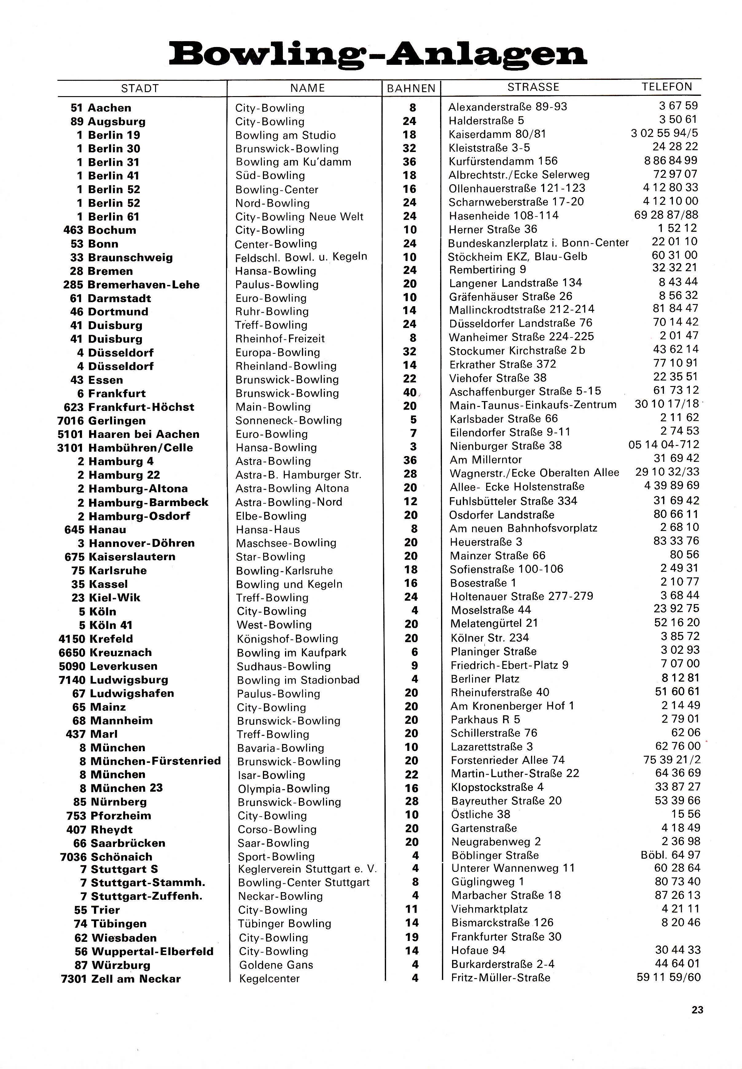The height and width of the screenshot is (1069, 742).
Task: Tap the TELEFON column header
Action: click(667, 87)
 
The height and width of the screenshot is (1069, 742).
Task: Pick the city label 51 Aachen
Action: click(101, 108)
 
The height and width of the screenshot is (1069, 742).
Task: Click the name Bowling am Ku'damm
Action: click(293, 162)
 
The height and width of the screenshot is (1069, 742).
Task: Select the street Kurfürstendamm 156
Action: click(503, 161)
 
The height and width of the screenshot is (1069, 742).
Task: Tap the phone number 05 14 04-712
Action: click(663, 445)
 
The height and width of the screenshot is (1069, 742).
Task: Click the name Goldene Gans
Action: click(276, 965)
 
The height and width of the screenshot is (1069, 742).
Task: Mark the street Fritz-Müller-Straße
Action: click(500, 978)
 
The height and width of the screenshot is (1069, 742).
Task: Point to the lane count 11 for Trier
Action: click(412, 909)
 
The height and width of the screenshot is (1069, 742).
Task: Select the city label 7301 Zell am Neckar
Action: click(121, 979)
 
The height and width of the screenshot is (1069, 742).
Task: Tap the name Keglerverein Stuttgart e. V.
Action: click(307, 869)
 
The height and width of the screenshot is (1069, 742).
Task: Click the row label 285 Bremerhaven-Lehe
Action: click(131, 284)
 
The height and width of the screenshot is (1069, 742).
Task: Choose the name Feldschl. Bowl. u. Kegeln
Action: click(301, 257)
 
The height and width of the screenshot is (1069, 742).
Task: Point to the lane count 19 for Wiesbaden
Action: click(412, 937)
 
